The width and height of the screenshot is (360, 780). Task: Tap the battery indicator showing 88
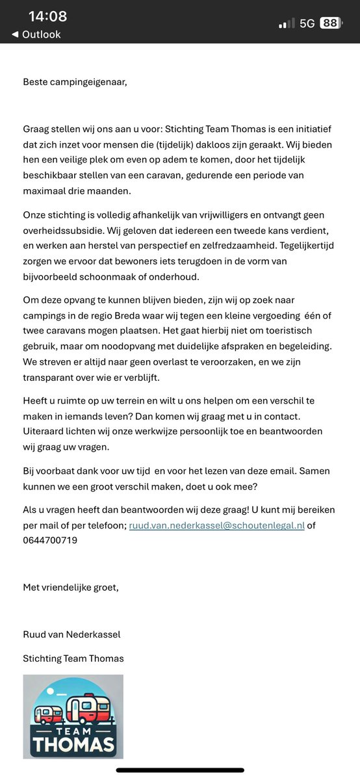tap(330, 23)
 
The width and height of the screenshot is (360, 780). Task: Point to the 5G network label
tap(307, 23)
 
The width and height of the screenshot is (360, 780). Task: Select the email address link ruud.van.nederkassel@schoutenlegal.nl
tap(217, 525)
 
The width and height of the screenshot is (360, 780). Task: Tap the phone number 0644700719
tap(50, 539)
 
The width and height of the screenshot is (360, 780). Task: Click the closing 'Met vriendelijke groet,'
tap(71, 588)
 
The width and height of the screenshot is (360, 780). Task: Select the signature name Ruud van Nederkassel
tap(71, 634)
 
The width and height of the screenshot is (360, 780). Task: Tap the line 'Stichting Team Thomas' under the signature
tap(73, 658)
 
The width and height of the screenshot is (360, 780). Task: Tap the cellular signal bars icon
tap(285, 23)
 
